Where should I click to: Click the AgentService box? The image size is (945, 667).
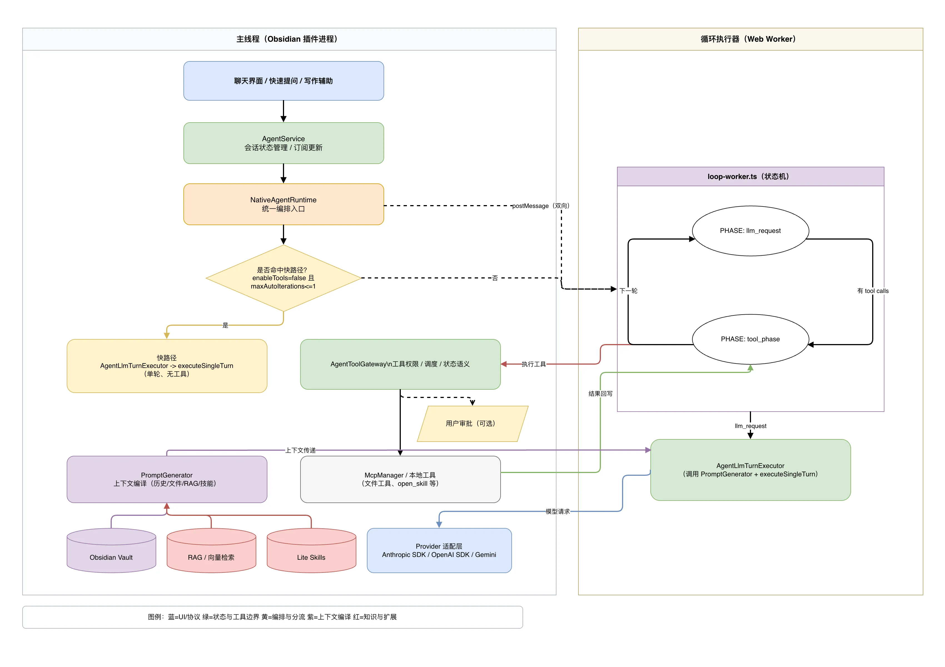click(283, 143)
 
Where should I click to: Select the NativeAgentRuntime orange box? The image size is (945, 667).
click(283, 204)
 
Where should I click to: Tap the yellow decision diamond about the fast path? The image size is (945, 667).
click(283, 278)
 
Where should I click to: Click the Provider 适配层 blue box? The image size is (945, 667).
click(439, 551)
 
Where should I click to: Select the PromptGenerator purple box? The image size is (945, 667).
click(167, 479)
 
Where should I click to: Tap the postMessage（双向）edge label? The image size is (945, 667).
click(540, 206)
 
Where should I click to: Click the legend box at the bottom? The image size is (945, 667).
click(272, 617)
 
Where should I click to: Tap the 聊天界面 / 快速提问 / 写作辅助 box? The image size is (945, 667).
click(283, 81)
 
